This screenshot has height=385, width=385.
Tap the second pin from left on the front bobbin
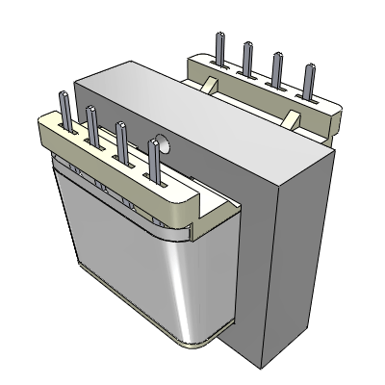(93, 124)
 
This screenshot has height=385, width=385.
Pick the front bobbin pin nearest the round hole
(155, 159)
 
